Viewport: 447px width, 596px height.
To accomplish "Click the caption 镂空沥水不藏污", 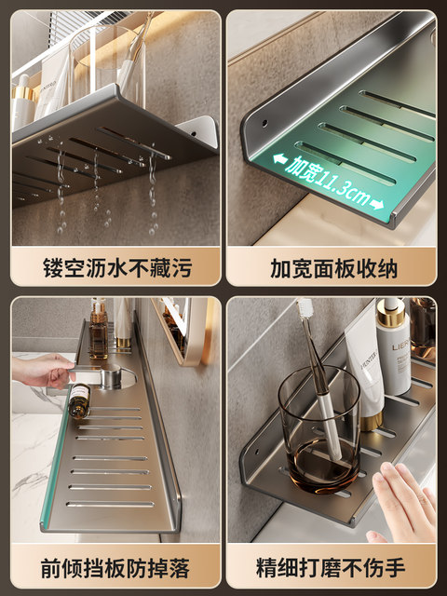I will click(x=115, y=269).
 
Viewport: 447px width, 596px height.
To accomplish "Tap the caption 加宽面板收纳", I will click(x=332, y=269).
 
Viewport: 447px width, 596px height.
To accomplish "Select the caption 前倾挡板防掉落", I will click(x=115, y=566).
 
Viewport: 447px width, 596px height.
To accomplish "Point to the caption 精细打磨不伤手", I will click(x=332, y=566).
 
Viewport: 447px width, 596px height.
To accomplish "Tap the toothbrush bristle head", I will click(x=304, y=310).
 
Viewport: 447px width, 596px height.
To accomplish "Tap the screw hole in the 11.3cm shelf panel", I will click(x=264, y=122).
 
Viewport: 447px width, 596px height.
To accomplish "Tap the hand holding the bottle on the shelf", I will click(x=42, y=371).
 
